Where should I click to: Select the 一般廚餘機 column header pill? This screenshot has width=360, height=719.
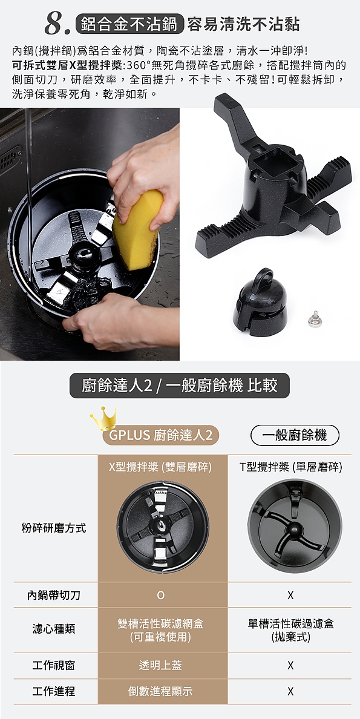(x=295, y=435)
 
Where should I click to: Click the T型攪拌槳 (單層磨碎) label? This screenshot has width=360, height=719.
(x=291, y=467)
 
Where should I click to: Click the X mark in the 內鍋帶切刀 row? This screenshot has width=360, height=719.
(x=290, y=596)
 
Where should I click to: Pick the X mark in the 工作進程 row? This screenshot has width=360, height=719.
(x=290, y=691)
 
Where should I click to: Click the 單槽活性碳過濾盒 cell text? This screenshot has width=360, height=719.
(x=291, y=623)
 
